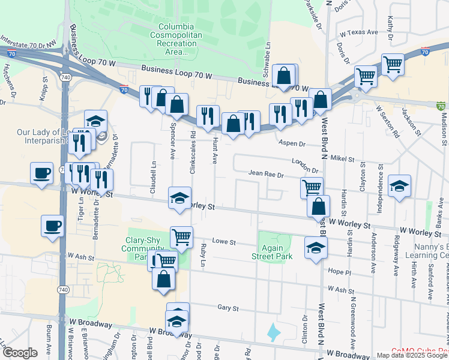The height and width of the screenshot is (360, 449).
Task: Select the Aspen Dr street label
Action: click(x=293, y=144)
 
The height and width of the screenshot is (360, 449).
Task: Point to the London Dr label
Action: click(x=305, y=166)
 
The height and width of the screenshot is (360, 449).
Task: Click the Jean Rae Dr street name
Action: click(x=266, y=174)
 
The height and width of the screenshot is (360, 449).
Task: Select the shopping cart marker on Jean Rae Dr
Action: click(x=312, y=187)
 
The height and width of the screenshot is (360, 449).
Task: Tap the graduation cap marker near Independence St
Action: click(x=399, y=185)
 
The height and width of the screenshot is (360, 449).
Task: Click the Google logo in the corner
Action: click(x=20, y=353)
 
